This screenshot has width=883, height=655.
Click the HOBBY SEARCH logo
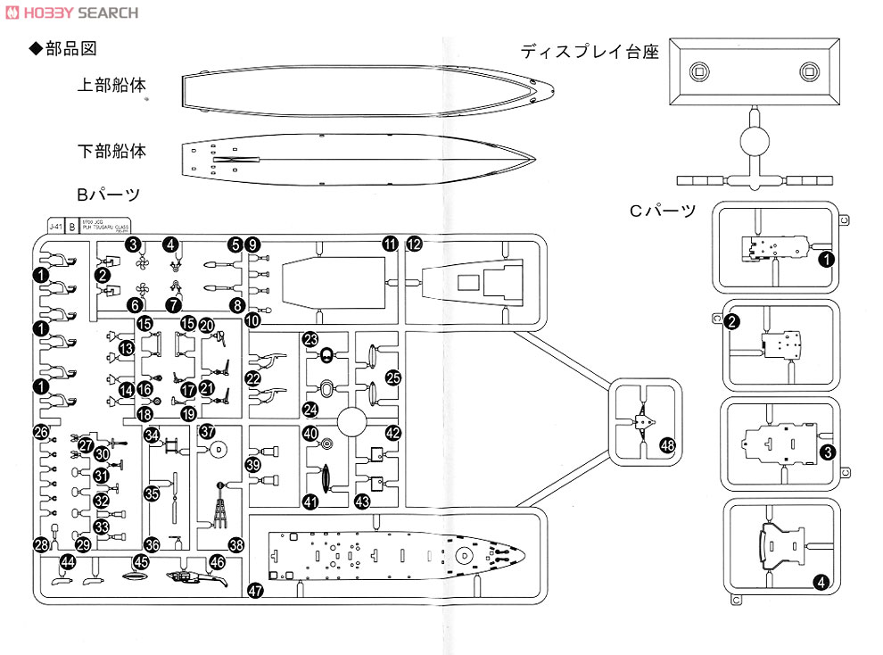70,12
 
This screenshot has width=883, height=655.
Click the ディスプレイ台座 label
590,52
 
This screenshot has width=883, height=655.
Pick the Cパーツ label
662,211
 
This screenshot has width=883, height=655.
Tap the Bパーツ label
109,194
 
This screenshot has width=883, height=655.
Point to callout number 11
390,244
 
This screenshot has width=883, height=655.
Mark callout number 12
414,244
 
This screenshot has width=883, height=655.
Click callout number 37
208,431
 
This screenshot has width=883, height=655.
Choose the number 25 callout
393,377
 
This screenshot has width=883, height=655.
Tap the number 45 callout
141,561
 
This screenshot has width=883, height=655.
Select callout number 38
236,544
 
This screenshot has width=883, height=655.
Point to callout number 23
310,339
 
